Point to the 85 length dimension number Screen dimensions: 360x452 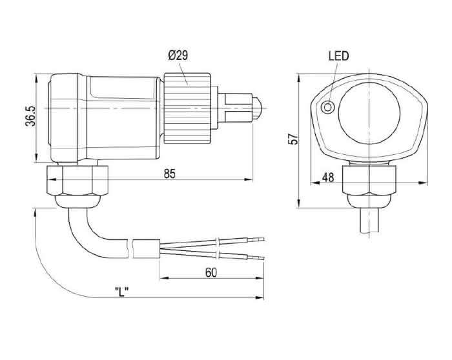(x=170, y=174)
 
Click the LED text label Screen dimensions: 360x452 (x=338, y=56)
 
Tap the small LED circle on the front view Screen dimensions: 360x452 (x=329, y=107)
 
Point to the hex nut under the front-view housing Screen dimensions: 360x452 (x=370, y=180)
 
